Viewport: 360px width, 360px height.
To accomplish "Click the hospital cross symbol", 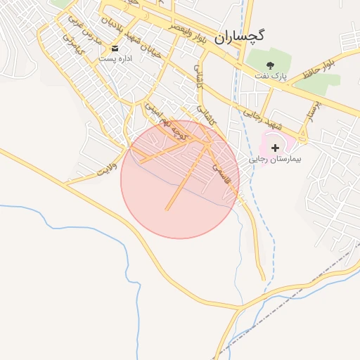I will pos(275,148).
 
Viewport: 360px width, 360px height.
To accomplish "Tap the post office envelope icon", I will pos(115,49).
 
